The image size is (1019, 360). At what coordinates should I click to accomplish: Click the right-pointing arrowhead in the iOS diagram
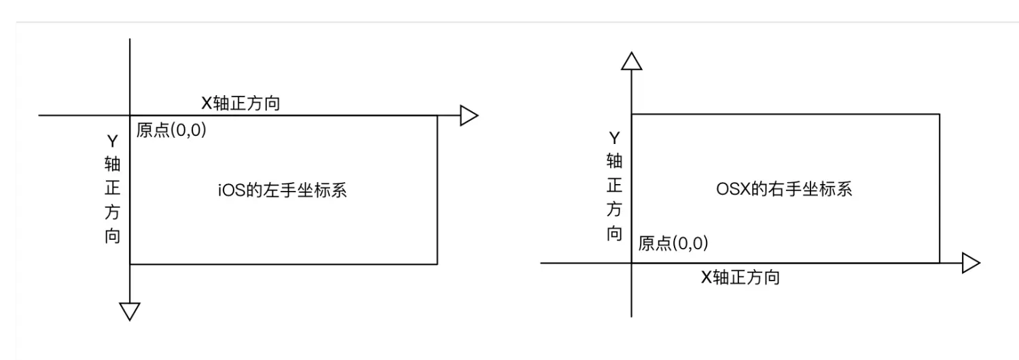coord(469,115)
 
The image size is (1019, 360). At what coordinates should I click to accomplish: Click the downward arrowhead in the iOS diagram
coord(129,310)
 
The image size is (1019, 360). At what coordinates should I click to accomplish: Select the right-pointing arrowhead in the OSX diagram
coord(971,263)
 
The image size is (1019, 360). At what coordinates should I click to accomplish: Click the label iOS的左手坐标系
coord(283,190)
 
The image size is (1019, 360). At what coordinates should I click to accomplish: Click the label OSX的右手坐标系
coord(785,189)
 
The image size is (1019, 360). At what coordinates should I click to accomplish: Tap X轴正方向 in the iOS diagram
coord(240,104)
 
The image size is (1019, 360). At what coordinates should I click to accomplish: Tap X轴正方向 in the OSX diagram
coord(740,277)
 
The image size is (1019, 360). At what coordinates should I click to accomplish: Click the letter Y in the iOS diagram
coord(113,141)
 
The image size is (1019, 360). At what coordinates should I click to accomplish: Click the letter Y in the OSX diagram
coord(614,138)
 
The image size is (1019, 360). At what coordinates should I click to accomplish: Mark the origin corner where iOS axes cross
coord(130,115)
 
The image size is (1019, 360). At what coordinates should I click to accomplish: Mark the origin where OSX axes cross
coord(632,263)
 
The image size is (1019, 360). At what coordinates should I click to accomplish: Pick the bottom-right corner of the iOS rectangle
coord(437,263)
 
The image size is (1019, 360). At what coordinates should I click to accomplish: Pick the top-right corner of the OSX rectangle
coord(940,115)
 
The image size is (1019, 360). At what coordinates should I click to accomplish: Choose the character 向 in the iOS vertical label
coord(113,236)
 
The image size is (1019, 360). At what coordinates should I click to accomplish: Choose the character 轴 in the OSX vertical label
coord(614,161)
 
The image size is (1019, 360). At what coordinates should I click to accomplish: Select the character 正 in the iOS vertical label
coord(113,189)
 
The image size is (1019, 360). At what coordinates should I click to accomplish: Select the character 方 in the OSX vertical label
coord(614,209)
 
